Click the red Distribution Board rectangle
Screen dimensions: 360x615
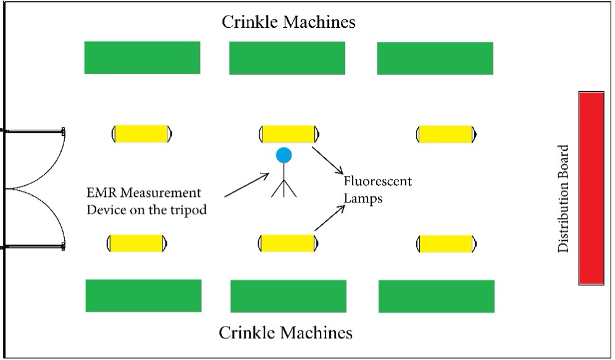pyautogui.click(x=592, y=188)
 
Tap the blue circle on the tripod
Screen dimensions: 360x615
pyautogui.click(x=283, y=155)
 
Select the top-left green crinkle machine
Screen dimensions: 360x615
pyautogui.click(x=142, y=57)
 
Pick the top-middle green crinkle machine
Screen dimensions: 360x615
pyautogui.click(x=287, y=58)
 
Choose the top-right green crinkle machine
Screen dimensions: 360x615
pyautogui.click(x=435, y=58)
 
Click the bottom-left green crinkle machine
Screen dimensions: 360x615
pyautogui.click(x=143, y=296)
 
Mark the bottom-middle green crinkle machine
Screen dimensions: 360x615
pyautogui.click(x=288, y=296)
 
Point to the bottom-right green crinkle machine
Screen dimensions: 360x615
pyautogui.click(x=437, y=296)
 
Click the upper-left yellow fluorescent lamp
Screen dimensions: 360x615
pyautogui.click(x=142, y=133)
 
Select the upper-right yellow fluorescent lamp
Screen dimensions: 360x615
pyautogui.click(x=446, y=134)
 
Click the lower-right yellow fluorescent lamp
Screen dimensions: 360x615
pyautogui.click(x=446, y=243)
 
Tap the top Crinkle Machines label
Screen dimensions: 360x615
pyautogui.click(x=289, y=23)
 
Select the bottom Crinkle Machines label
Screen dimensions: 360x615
pyautogui.click(x=286, y=333)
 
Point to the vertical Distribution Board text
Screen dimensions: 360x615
pyautogui.click(x=563, y=198)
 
